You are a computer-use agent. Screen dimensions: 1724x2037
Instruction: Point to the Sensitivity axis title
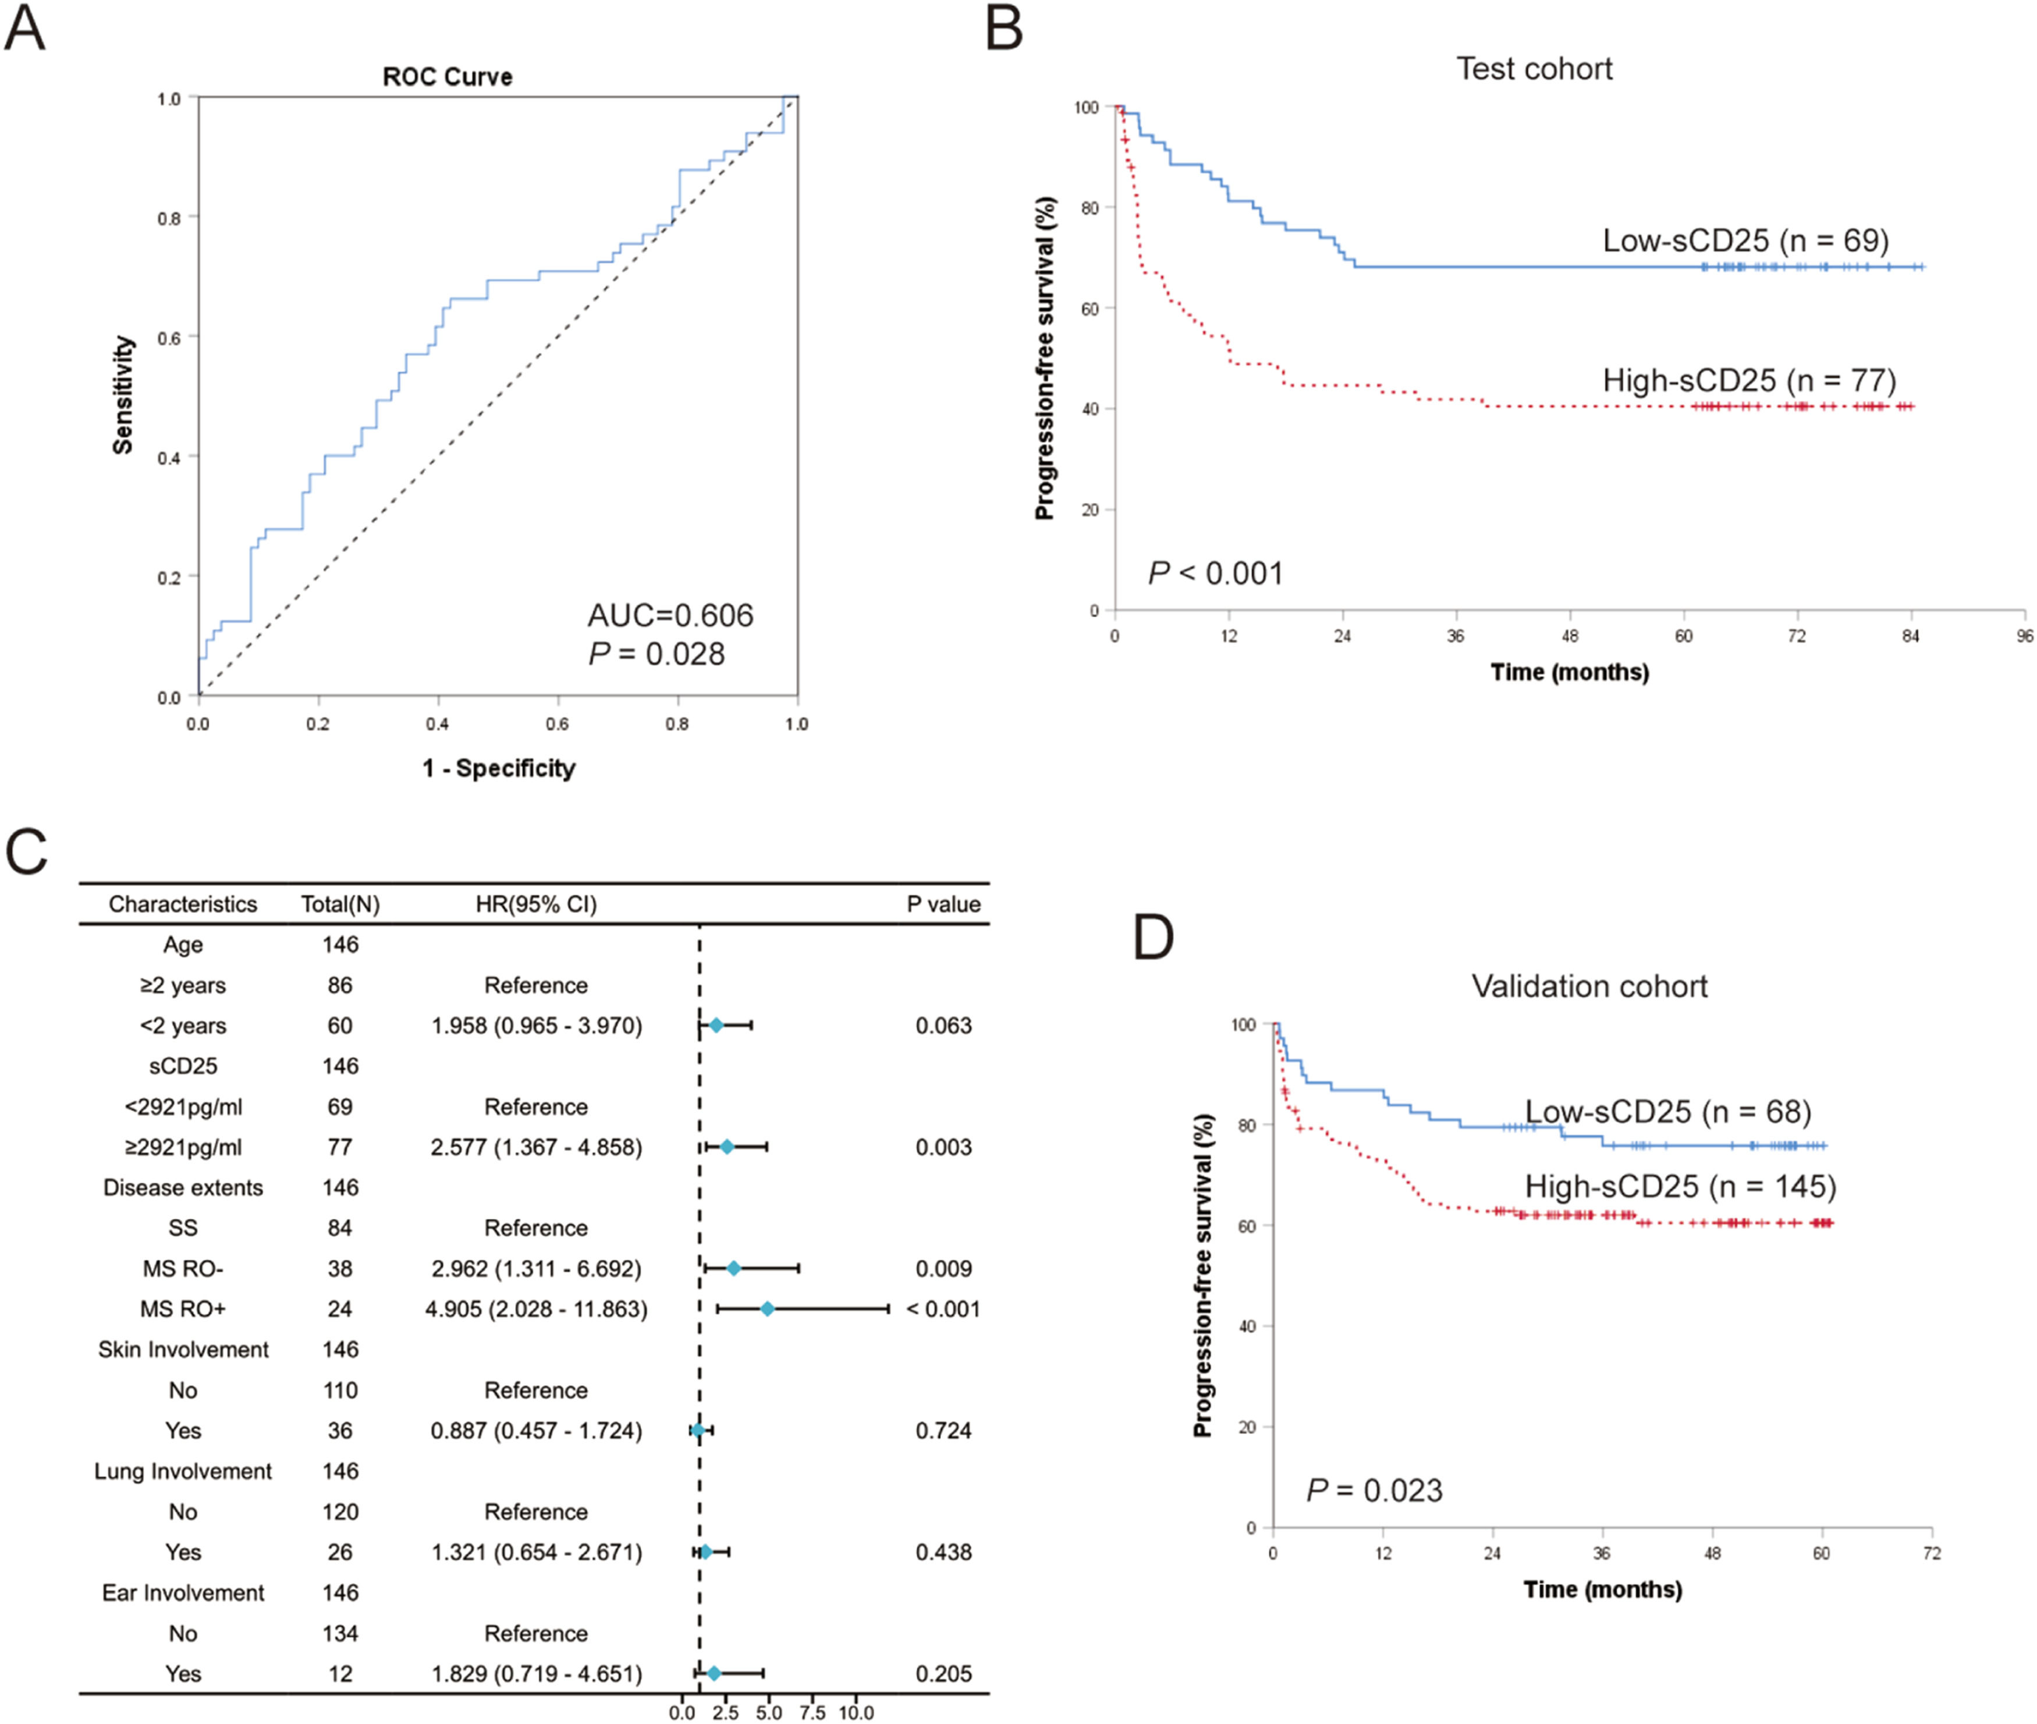click(122, 395)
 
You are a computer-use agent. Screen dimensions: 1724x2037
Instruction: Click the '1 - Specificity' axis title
click(499, 768)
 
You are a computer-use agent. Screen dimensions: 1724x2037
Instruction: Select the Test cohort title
click(1534, 69)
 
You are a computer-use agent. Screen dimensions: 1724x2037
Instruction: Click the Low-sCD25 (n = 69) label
click(1745, 240)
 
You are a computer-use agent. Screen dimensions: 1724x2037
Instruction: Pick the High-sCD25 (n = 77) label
click(1749, 379)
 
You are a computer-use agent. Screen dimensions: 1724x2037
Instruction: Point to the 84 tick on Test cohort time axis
click(1910, 636)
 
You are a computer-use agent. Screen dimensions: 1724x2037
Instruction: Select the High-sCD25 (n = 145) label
click(1680, 1186)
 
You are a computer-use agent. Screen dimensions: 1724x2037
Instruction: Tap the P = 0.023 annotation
click(1374, 1491)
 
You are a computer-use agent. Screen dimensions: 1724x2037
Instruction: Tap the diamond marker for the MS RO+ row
click(767, 1308)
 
